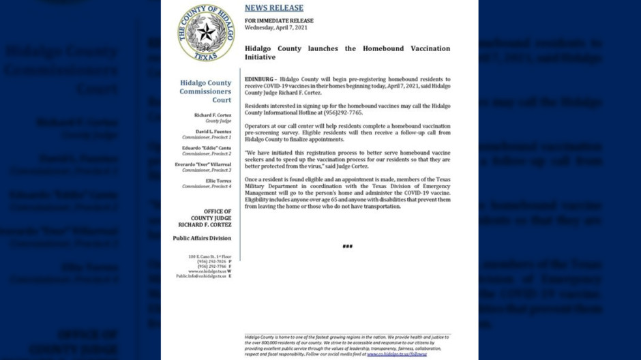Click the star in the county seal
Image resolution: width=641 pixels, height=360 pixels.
[207, 31]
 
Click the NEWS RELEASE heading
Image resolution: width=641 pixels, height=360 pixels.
[273, 8]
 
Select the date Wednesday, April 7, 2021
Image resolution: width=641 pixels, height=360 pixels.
[278, 28]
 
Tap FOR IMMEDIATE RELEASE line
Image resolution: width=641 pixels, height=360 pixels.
[279, 21]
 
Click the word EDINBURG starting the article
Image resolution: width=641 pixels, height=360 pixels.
[258, 80]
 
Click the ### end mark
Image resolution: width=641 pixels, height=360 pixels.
[347, 246]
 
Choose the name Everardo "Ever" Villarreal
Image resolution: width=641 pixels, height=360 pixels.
[203, 164]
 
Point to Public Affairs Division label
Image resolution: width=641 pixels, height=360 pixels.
[202, 238]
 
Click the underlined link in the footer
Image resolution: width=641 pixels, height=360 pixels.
[396, 355]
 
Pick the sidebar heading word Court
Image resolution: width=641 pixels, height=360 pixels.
[222, 100]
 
